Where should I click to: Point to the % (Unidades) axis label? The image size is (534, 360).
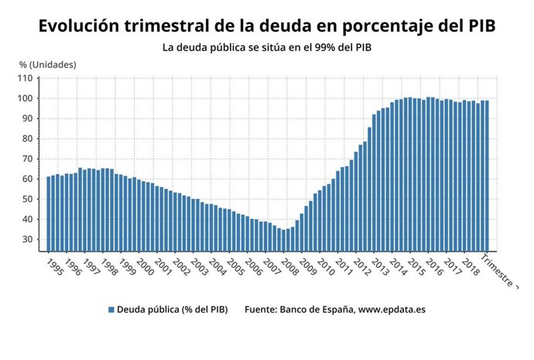click(x=47, y=64)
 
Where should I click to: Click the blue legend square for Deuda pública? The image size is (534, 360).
click(x=111, y=310)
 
